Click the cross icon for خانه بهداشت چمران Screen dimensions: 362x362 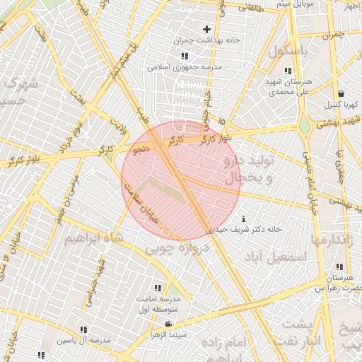206,30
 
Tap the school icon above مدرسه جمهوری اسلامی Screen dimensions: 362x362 184,57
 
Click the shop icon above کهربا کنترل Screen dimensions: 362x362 341,93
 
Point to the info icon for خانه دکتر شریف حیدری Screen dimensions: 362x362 244,218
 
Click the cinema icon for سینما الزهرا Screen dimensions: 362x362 168,324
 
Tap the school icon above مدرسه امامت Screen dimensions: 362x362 157,288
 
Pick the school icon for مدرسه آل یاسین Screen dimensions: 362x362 84,329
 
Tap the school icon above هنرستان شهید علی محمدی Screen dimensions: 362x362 287,71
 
